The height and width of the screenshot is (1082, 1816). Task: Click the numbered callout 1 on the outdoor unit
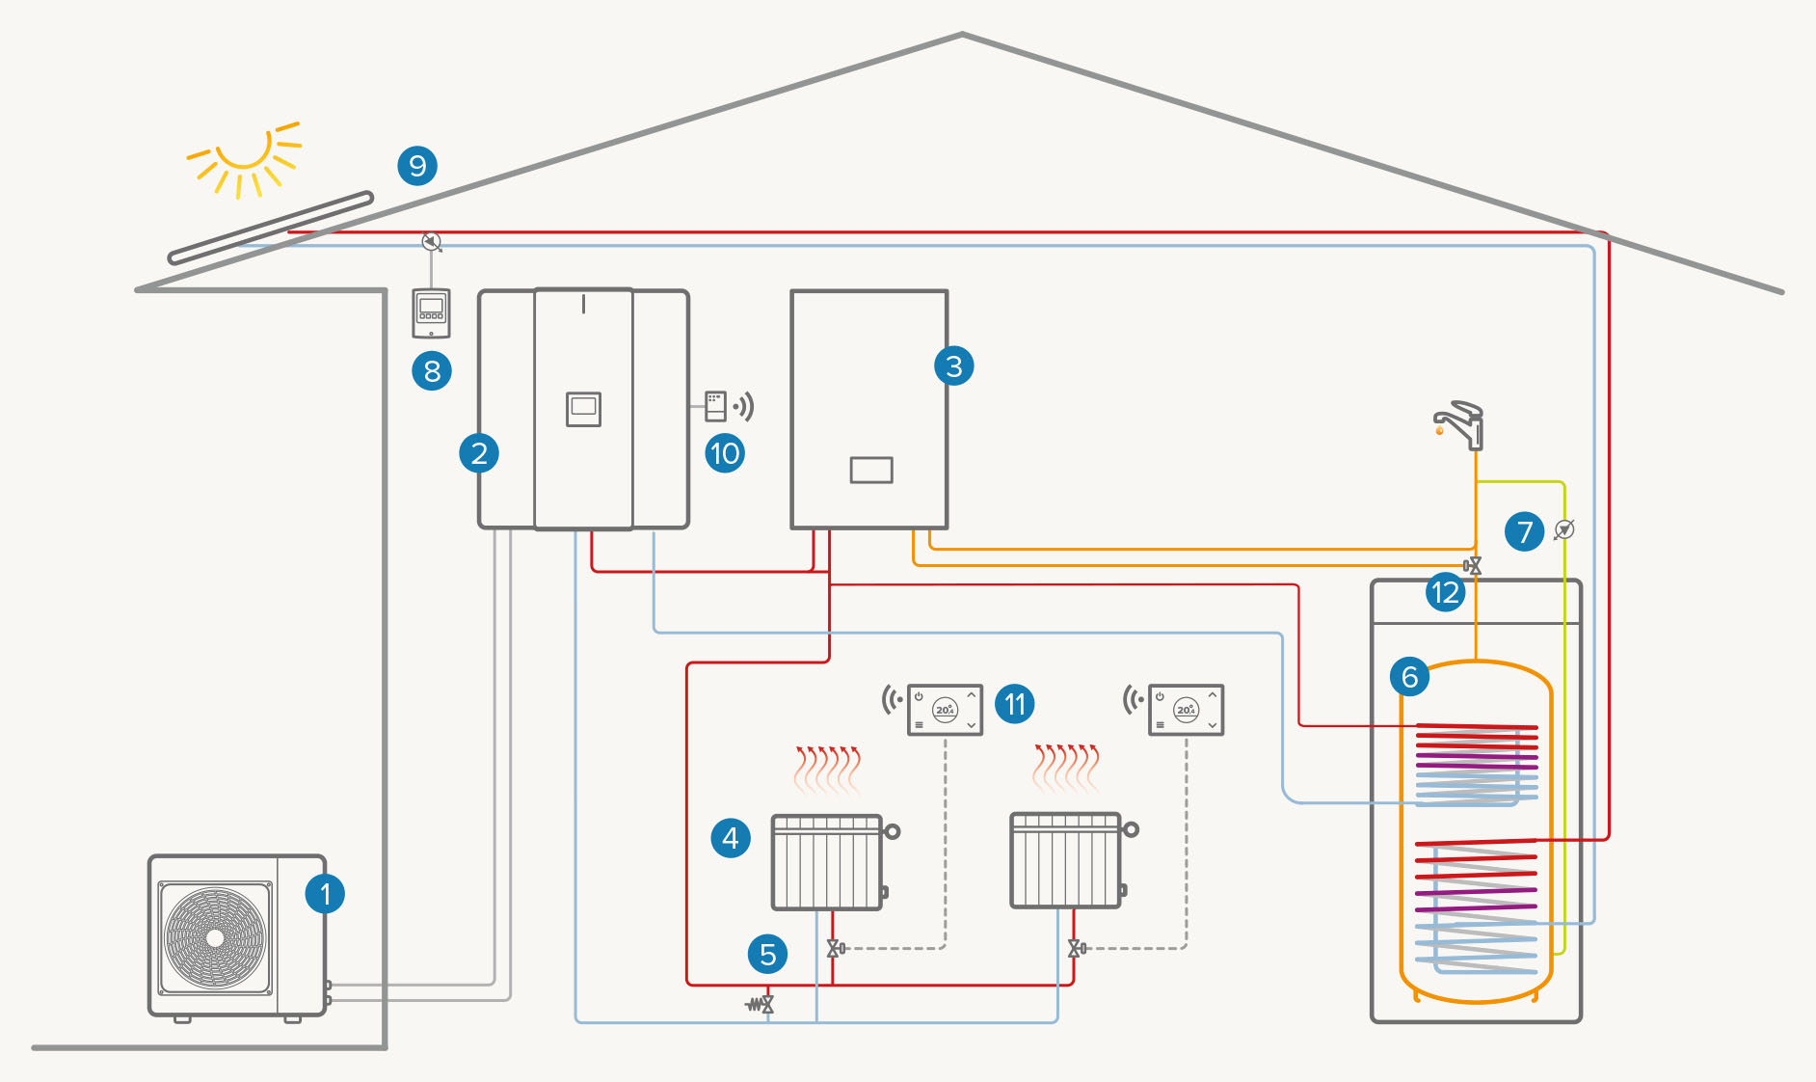click(325, 894)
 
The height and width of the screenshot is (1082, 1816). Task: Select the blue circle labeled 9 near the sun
click(417, 166)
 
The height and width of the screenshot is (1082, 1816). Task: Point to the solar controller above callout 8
click(431, 312)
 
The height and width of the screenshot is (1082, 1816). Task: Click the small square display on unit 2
click(583, 409)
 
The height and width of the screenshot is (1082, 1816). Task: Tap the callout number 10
click(725, 453)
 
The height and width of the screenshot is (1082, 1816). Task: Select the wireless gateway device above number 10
click(715, 406)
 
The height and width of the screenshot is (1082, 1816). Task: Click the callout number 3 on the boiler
click(954, 366)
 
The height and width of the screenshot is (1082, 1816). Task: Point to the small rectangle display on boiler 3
click(871, 470)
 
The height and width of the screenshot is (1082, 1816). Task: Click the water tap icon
click(1460, 425)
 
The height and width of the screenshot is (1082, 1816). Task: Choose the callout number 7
click(1525, 532)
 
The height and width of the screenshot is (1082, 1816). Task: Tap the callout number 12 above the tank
click(1446, 592)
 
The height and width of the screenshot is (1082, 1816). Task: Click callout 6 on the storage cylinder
click(1409, 677)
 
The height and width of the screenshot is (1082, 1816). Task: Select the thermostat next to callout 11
click(945, 710)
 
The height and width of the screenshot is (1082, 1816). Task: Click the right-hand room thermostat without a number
click(1186, 710)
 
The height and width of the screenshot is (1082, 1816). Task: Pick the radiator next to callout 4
click(827, 862)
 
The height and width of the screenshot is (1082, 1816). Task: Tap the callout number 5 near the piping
click(768, 955)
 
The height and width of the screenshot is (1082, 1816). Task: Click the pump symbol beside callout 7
click(1564, 529)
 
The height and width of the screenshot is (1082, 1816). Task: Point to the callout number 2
click(479, 453)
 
